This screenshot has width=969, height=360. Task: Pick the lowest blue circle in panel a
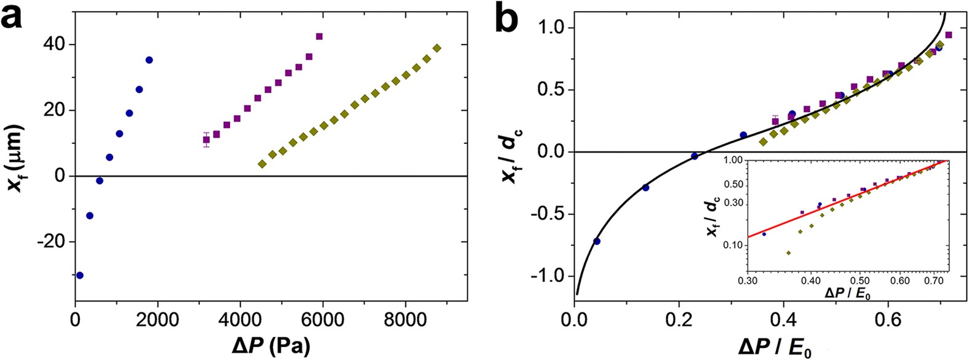click(79, 275)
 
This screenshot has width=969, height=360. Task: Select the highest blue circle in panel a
click(149, 60)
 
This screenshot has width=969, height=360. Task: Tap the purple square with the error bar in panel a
click(207, 140)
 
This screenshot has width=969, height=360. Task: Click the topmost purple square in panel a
click(319, 36)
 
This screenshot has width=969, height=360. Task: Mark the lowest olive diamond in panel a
click(262, 164)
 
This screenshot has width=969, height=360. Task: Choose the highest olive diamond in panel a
click(437, 48)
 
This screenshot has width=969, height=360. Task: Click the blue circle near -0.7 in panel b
click(596, 241)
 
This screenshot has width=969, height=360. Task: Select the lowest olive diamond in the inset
click(789, 253)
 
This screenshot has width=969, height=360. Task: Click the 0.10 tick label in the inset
click(734, 245)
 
